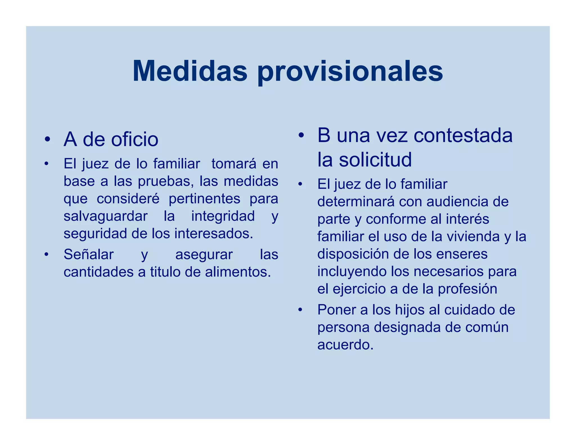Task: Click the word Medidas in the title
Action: click(190, 71)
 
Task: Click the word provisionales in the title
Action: click(350, 73)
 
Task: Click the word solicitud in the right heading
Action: click(375, 159)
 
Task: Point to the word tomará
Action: click(234, 164)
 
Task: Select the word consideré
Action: click(128, 199)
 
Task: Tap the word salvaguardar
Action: click(105, 216)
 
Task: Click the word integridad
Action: click(223, 216)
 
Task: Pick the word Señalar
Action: click(89, 255)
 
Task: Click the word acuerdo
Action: click(345, 345)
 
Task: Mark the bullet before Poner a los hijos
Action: click(300, 310)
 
